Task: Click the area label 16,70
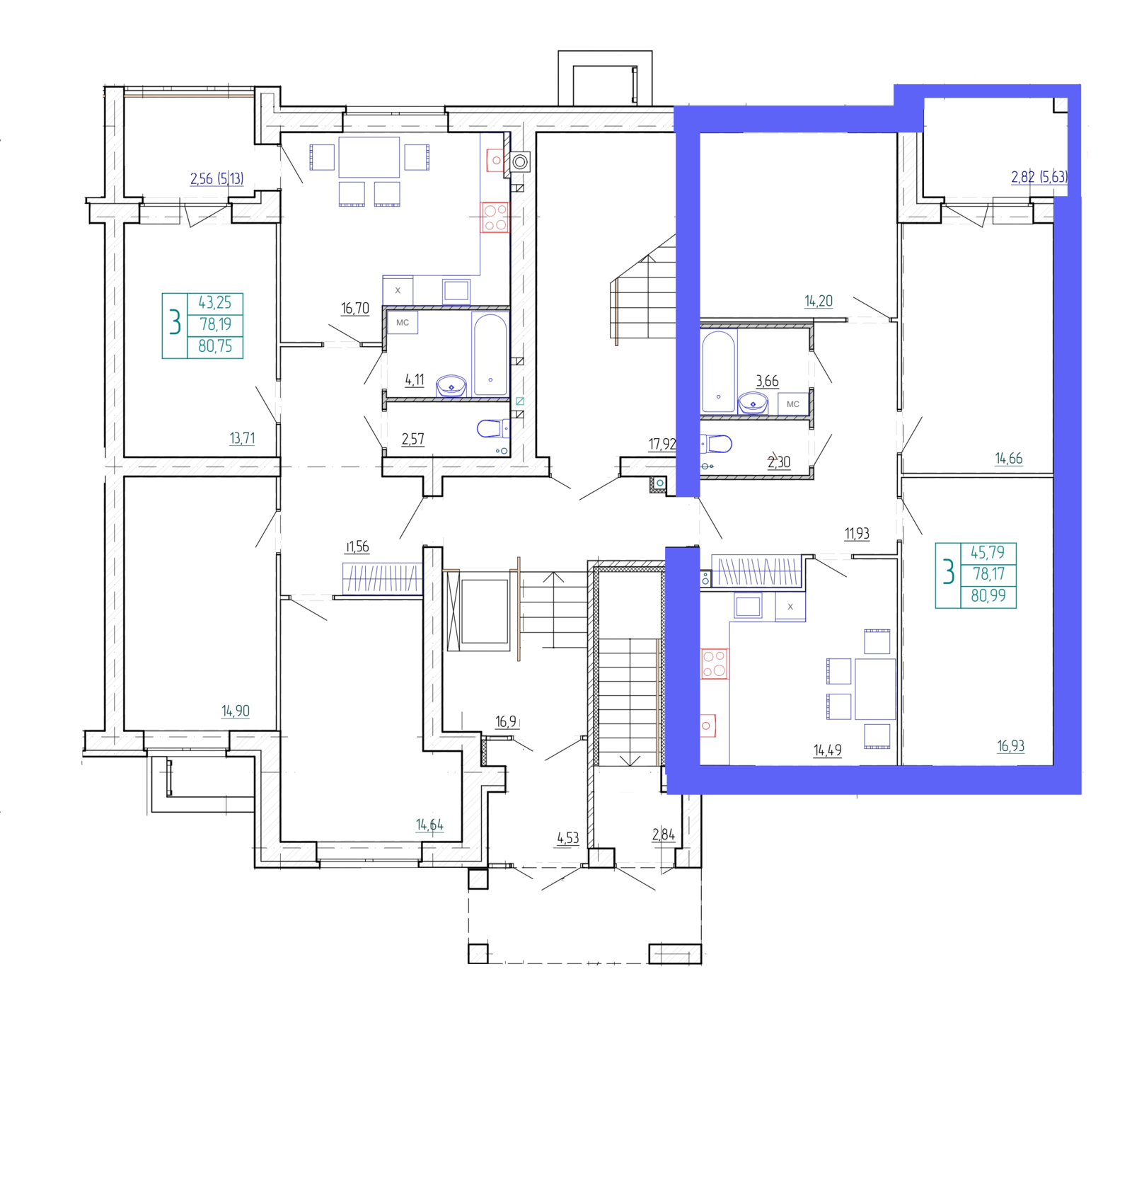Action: pyautogui.click(x=355, y=309)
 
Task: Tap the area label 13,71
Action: pyautogui.click(x=242, y=438)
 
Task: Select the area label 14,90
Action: pyautogui.click(x=236, y=711)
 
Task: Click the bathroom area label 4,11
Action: pyautogui.click(x=415, y=380)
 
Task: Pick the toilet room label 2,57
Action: pyautogui.click(x=413, y=439)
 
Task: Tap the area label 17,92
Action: pyautogui.click(x=662, y=445)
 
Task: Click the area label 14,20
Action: pyautogui.click(x=819, y=301)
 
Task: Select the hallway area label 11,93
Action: pyautogui.click(x=857, y=534)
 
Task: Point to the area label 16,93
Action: pyautogui.click(x=1011, y=746)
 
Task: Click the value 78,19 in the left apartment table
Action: pyautogui.click(x=216, y=324)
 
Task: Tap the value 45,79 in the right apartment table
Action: pyautogui.click(x=988, y=552)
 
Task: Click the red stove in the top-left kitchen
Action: pyautogui.click(x=495, y=217)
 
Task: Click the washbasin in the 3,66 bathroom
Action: pyautogui.click(x=753, y=403)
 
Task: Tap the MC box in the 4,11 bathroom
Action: pyautogui.click(x=403, y=323)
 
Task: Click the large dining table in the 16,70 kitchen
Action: pyautogui.click(x=369, y=157)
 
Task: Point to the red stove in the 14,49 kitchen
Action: pyautogui.click(x=715, y=664)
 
